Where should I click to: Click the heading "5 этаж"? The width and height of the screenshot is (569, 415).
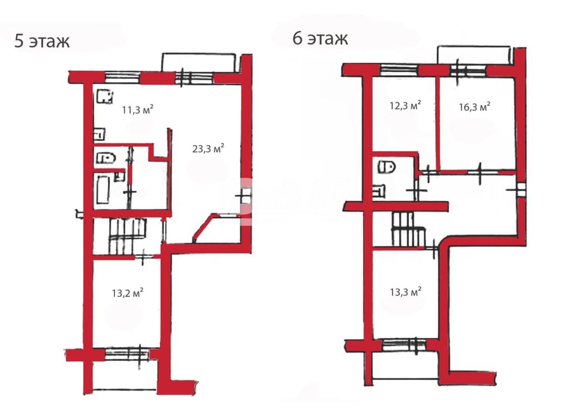(42, 41)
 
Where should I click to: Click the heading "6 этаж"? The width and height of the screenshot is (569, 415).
(320, 38)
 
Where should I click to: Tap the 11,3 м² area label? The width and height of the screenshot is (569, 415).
(138, 109)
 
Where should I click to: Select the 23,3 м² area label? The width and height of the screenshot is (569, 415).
(208, 148)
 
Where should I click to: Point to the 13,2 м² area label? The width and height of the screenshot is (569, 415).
(127, 293)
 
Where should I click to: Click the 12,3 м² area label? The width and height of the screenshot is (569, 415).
(405, 106)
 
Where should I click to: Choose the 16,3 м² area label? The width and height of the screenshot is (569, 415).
(475, 107)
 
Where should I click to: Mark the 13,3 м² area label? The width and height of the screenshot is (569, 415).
(405, 292)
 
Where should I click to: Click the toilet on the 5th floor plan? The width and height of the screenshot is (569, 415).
(106, 158)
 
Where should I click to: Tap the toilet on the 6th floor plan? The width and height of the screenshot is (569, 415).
(387, 167)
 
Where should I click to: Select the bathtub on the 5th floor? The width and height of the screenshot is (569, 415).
(102, 190)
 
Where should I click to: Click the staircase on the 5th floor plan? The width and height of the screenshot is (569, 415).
(127, 236)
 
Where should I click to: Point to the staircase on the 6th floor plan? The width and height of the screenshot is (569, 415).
(408, 229)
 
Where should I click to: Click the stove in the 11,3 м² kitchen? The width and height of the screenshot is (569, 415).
(105, 97)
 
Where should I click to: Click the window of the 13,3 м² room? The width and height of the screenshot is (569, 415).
(405, 344)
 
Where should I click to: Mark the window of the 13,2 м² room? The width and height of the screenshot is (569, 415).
(127, 354)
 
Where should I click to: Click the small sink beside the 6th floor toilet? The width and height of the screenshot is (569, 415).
(378, 191)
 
